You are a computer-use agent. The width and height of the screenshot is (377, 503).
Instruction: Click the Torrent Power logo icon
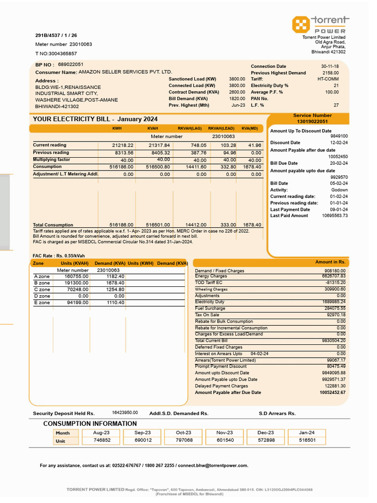click(300, 24)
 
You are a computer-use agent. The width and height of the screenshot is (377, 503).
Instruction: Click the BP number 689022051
click(71, 64)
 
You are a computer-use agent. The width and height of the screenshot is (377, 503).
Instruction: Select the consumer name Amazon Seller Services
click(126, 72)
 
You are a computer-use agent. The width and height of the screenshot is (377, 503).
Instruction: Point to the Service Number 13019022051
click(312, 121)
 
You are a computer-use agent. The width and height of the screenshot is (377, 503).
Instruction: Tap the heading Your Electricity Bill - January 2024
click(95, 119)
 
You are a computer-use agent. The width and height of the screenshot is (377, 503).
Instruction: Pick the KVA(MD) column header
click(249, 128)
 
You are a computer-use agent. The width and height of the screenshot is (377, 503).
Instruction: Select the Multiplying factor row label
click(52, 160)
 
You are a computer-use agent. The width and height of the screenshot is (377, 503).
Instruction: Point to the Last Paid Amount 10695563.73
click(335, 216)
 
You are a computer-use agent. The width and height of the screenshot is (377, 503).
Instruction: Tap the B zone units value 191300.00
click(77, 283)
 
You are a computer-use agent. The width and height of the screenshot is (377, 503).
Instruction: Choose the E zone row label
click(42, 303)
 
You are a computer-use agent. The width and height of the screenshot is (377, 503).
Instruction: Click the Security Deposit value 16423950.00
click(125, 413)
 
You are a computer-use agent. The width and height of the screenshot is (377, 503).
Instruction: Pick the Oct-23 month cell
click(184, 433)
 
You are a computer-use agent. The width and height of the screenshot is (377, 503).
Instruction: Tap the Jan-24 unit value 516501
click(307, 441)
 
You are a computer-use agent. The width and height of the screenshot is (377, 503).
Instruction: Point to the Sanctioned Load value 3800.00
click(237, 79)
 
